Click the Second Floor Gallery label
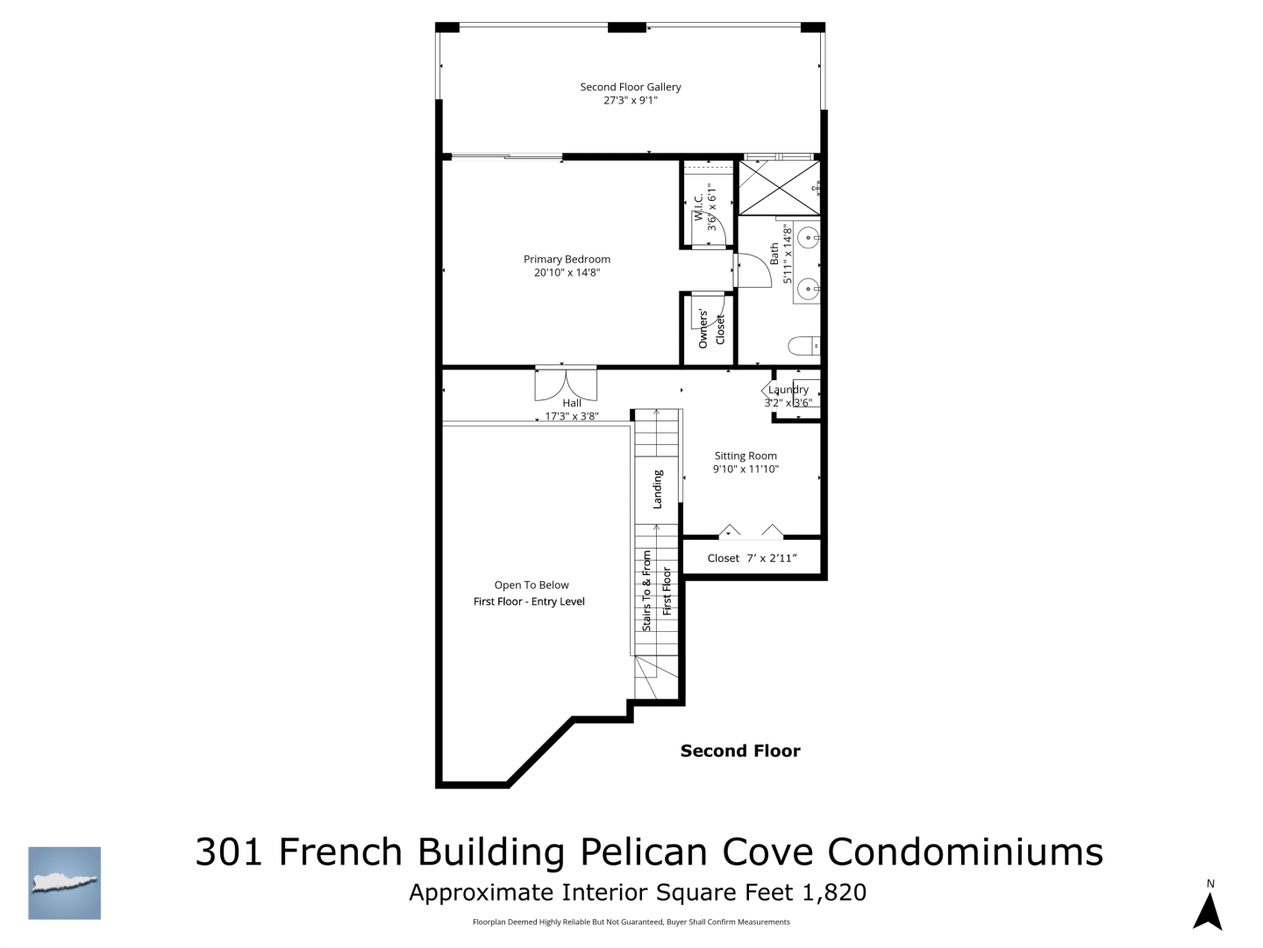(x=630, y=87)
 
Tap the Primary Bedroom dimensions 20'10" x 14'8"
(x=567, y=273)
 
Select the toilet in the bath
(x=803, y=345)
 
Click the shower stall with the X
(x=779, y=188)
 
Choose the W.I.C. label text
(x=698, y=207)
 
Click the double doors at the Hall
(x=566, y=383)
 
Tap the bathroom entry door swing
(x=753, y=270)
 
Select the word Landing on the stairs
(x=657, y=489)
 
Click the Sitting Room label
(x=746, y=456)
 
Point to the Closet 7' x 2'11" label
(x=752, y=557)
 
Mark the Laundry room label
(x=788, y=390)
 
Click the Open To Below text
(x=532, y=585)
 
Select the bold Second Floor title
(x=740, y=750)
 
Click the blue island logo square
(x=64, y=883)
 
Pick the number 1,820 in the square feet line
(x=834, y=892)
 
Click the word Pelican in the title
(x=643, y=851)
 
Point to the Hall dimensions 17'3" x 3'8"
(x=572, y=416)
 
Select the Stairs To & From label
(x=646, y=591)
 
